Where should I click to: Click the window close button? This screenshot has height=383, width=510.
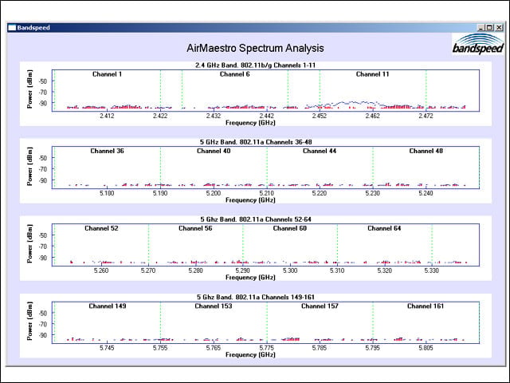tap(499, 28)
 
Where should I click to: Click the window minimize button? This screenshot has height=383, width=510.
tap(481, 28)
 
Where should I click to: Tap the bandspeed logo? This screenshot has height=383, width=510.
tap(478, 44)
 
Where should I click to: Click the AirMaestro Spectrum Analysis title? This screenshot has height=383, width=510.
tap(255, 48)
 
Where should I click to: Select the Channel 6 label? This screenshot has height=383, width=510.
tap(235, 74)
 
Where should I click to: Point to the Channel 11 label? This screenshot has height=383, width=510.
tap(372, 74)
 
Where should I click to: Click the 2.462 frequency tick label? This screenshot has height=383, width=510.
tap(372, 116)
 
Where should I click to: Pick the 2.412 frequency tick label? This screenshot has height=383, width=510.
tap(107, 116)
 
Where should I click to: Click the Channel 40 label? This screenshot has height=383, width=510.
tap(214, 151)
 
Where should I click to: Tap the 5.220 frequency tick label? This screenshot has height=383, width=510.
tap(320, 193)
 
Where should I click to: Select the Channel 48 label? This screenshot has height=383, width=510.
tap(426, 151)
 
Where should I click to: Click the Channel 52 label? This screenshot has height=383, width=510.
tap(101, 228)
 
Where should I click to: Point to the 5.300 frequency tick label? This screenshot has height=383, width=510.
tap(290, 270)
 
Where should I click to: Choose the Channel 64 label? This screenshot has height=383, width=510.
tap(384, 228)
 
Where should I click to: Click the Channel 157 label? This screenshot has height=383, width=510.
tap(320, 306)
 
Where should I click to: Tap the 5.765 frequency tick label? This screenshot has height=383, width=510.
tap(214, 348)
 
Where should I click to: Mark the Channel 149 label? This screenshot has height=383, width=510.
tap(108, 306)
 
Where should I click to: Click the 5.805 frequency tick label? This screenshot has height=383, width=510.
tap(426, 348)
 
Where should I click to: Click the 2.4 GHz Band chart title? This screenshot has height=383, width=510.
tap(255, 65)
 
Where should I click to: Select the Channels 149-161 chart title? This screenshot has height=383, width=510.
tap(256, 297)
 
